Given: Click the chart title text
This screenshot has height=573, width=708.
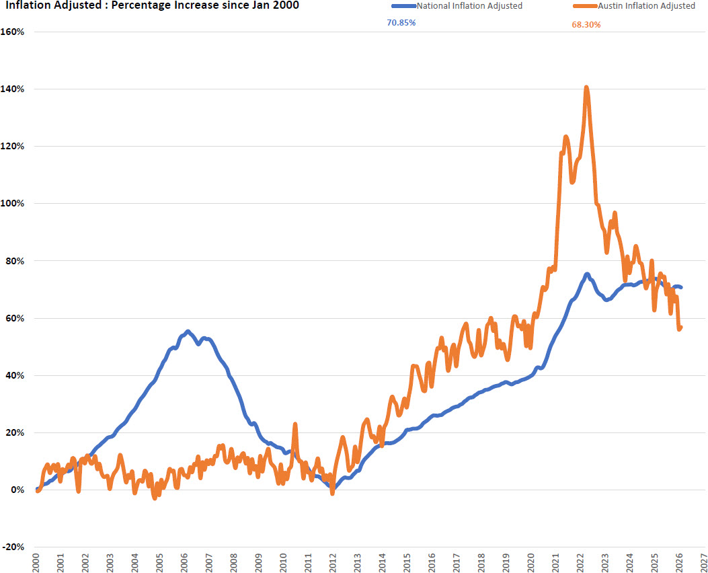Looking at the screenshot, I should (x=151, y=6).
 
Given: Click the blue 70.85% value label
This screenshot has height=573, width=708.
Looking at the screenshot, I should (x=401, y=23).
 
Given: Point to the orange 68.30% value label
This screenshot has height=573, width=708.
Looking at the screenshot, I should (x=586, y=24).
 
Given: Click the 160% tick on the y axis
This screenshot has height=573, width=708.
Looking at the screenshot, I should (x=13, y=32).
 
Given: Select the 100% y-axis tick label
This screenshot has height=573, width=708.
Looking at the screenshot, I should (x=13, y=203).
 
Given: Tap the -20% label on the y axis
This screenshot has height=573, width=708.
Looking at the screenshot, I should (x=13, y=547).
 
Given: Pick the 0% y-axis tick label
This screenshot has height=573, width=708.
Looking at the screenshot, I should (x=17, y=490).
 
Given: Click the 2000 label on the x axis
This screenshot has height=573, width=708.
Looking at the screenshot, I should (x=36, y=562).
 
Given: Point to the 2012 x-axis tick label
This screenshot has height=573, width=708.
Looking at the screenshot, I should (x=333, y=562).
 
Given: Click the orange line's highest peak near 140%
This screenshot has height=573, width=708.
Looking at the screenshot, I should (x=587, y=87).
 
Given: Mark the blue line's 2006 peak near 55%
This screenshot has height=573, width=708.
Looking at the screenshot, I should (x=188, y=331).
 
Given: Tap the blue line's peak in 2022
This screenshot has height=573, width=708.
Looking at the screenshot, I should (x=587, y=274).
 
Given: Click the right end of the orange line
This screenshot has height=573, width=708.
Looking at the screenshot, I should (x=681, y=328).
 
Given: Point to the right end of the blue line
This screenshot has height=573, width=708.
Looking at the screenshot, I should (x=681, y=287).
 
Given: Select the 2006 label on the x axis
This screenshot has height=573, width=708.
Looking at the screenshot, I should (x=185, y=562).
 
